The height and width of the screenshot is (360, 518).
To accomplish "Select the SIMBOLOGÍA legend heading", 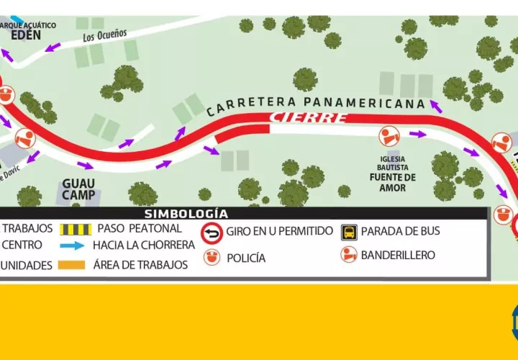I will point(186,213).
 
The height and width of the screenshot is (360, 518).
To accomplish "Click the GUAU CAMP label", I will point(78,189).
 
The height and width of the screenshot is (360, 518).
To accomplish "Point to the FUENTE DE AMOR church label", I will point(393,182).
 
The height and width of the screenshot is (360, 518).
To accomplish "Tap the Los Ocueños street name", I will point(104,34).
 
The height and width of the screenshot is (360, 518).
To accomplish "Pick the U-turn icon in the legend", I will point(212,232).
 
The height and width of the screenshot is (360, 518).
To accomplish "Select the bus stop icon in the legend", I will point(349,232).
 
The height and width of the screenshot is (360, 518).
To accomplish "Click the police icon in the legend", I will point(212,257).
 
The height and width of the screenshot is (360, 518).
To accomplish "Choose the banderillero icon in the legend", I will point(349,255).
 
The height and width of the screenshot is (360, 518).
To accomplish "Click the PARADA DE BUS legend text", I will point(400,232).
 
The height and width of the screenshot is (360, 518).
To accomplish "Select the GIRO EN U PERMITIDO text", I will point(279,232).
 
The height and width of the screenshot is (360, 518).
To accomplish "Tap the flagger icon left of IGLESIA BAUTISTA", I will point(389,135).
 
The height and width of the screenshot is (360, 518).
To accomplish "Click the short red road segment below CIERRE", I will point(242,132).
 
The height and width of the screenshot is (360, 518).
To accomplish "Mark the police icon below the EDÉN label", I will point(6,94).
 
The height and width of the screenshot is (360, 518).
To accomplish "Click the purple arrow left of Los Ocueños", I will point(53,48).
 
